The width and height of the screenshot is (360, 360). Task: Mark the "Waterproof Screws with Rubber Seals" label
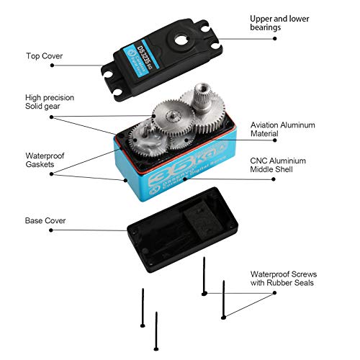tap(282, 279)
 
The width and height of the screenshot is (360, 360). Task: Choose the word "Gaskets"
tap(42, 164)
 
